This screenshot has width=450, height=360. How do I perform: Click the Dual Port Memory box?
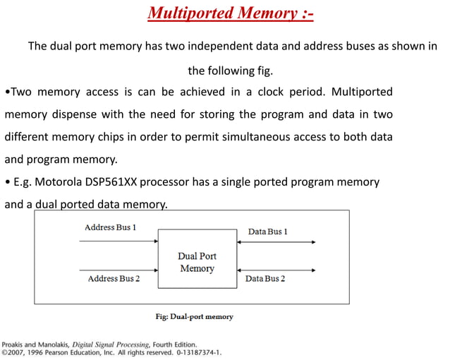(x=197, y=258)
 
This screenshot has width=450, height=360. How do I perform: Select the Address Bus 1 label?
(x=110, y=227)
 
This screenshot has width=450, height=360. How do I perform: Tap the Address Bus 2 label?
(x=114, y=279)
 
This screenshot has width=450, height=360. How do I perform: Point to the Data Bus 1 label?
(x=267, y=232)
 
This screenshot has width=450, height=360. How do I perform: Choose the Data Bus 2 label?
(x=265, y=279)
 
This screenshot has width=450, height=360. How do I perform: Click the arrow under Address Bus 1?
(x=118, y=241)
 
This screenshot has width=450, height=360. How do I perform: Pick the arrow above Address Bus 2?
(x=118, y=270)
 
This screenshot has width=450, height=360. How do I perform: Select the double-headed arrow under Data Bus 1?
(x=276, y=242)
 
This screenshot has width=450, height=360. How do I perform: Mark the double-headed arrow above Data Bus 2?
(x=276, y=270)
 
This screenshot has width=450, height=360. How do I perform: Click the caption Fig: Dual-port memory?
(x=194, y=317)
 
